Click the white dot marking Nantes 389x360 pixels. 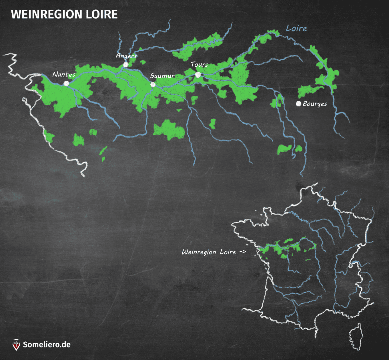click(66, 83)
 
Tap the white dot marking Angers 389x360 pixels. click(126, 65)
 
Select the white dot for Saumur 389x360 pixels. click(153, 85)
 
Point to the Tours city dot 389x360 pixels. click(198, 75)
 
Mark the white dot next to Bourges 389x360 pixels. click(298, 104)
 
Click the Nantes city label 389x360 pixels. click(64, 75)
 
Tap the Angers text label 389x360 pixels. click(126, 56)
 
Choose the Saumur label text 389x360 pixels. click(162, 76)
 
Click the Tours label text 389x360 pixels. click(199, 65)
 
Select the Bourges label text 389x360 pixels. click(315, 104)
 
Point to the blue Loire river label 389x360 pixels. click(296, 28)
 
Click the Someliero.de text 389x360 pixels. click(47, 345)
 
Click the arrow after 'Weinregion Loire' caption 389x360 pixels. click(242, 252)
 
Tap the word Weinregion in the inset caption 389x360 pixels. click(199, 252)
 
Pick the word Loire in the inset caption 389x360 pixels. click(228, 252)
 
